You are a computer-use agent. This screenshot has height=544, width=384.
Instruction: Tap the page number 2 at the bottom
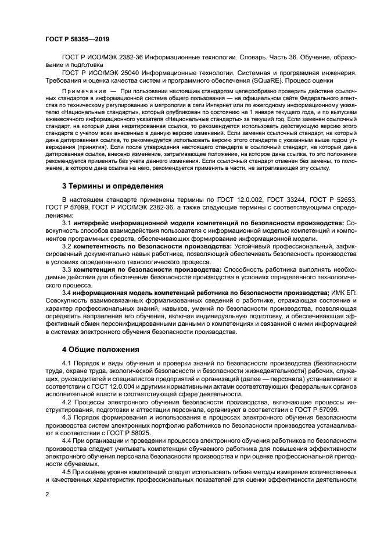point(47,495)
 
